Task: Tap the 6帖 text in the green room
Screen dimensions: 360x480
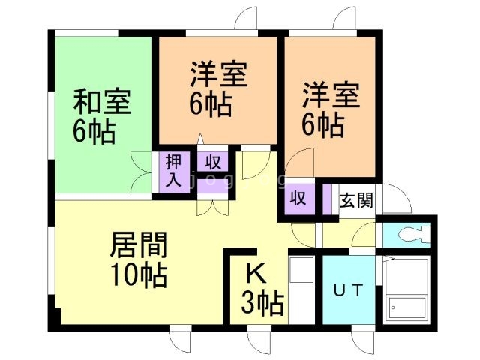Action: pos(94,132)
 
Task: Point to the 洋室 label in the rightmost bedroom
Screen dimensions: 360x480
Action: pos(331,96)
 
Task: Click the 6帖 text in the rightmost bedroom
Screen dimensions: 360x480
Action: pos(323,125)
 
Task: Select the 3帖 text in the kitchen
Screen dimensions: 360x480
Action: pos(262,304)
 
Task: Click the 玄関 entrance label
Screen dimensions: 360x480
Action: pos(355,201)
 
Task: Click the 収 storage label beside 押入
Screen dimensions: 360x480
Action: pos(213,162)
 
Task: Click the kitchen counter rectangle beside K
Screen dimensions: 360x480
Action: pos(301,288)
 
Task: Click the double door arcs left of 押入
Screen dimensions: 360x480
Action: pos(141,172)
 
